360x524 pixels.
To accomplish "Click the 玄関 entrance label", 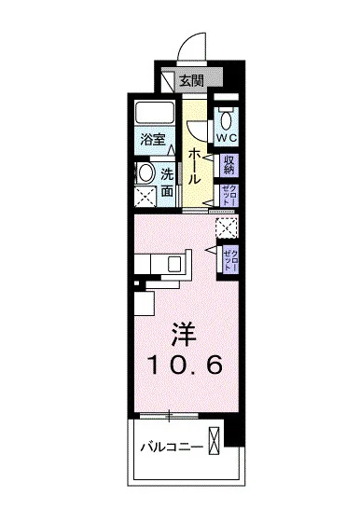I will (x=191, y=81).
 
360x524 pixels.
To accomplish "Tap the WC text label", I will (x=228, y=137).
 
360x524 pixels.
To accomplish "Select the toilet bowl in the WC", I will (x=228, y=117).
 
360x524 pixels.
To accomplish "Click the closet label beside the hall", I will (x=229, y=195).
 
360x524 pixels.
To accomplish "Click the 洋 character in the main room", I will (x=183, y=334).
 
